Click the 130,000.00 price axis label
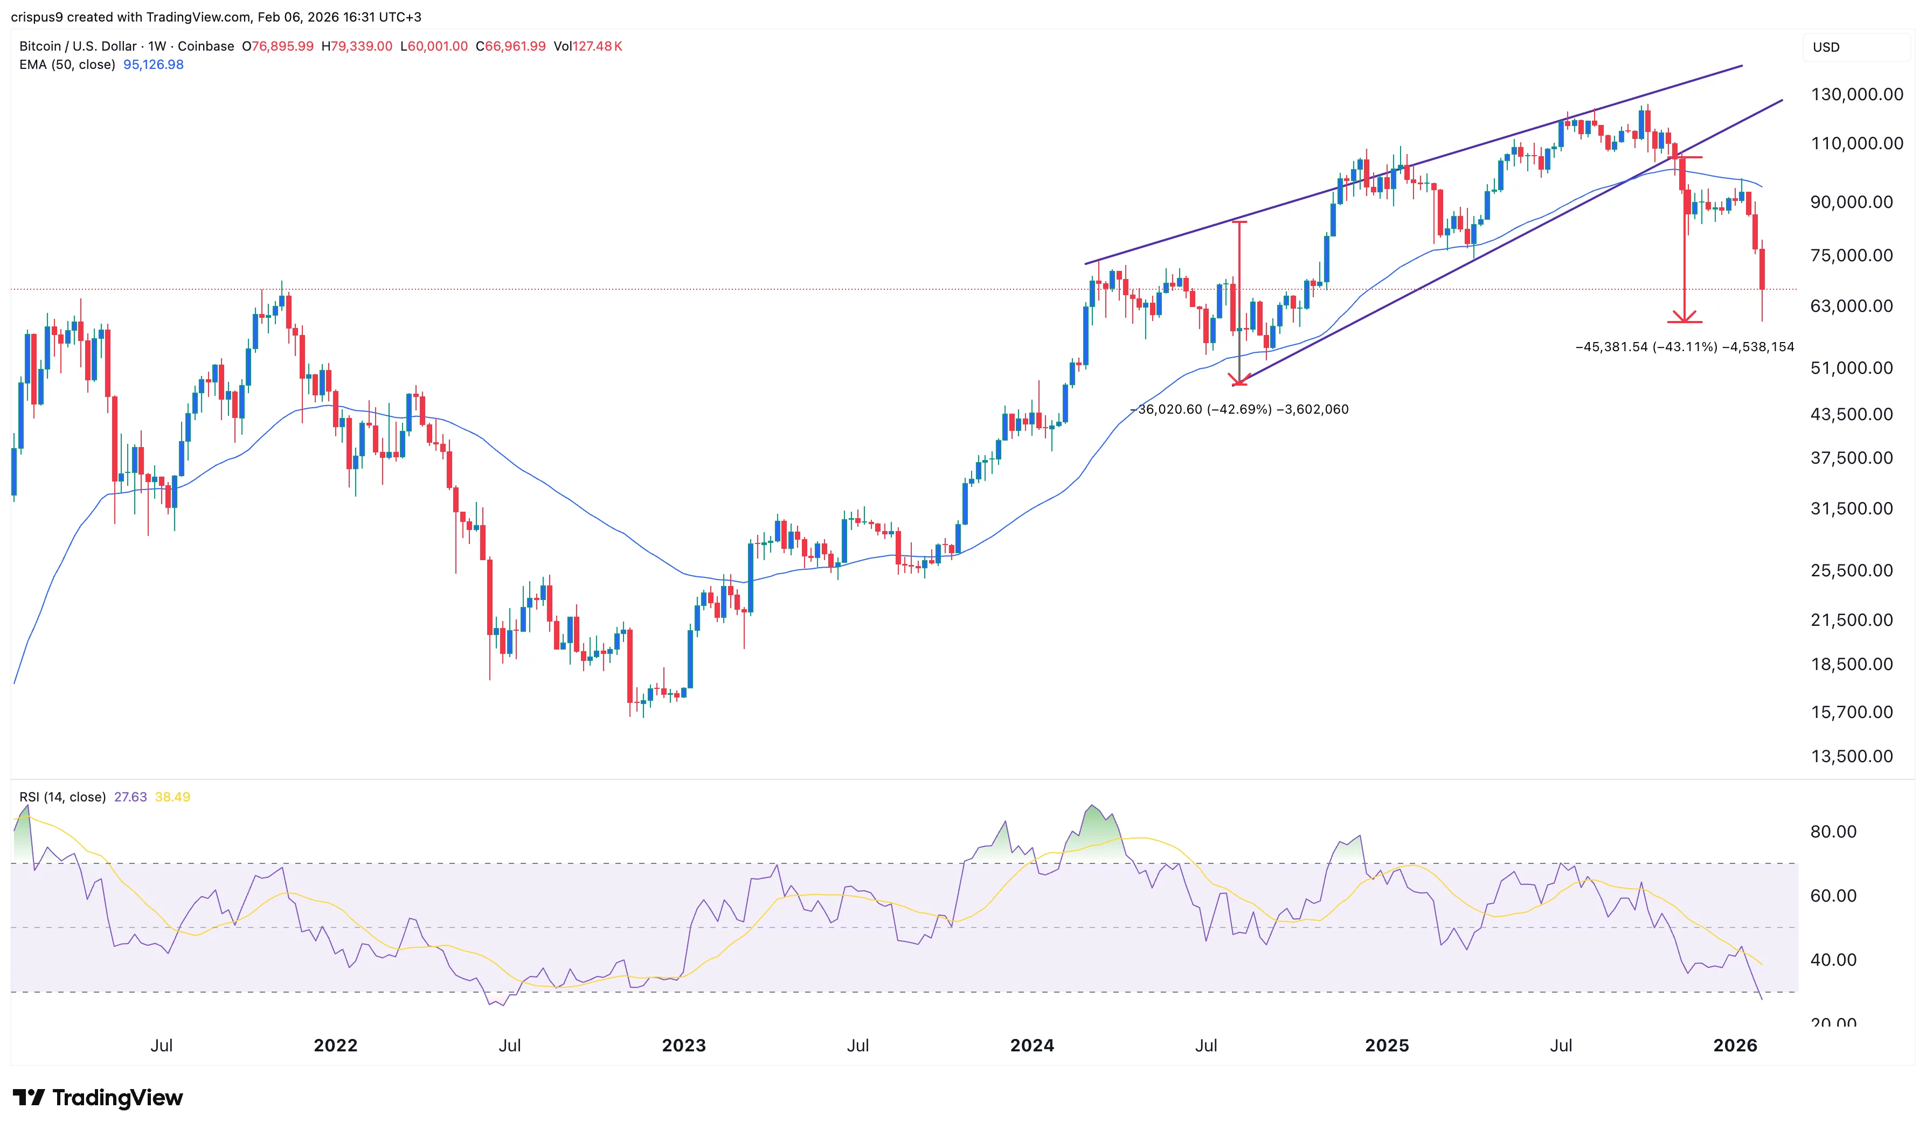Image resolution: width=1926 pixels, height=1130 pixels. coord(1856,95)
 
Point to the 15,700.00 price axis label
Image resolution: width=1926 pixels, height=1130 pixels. coord(1851,712)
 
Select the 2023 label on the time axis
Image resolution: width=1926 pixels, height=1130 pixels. coord(683,1045)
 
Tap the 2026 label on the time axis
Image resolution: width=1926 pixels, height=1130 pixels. coord(1735,1045)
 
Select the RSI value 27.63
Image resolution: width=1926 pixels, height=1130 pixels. coord(130,797)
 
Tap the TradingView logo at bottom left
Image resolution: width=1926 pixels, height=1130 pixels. coord(98,1098)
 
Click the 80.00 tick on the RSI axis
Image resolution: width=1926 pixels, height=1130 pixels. coord(1833,831)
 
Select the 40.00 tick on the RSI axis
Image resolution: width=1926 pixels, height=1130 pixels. coord(1833,960)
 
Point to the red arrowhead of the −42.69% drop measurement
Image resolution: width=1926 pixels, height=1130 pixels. coord(1239,380)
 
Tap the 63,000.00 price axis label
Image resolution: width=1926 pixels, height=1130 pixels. coord(1851,306)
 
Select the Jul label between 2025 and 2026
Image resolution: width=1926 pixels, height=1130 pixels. coord(1561,1045)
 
